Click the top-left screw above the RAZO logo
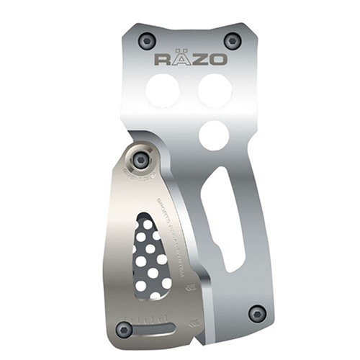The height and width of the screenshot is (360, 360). click(148, 40)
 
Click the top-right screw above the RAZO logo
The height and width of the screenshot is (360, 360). click(231, 40)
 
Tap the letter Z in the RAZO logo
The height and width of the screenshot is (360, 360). click(199, 58)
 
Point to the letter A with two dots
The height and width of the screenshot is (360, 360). click(181, 58)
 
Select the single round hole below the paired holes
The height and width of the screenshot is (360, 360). click(214, 135)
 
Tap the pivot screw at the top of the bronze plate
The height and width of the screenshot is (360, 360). click(142, 159)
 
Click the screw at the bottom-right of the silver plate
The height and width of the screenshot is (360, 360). click(256, 313)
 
